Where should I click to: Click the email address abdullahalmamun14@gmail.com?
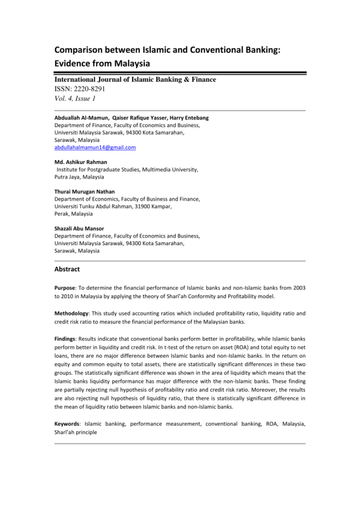[95, 148]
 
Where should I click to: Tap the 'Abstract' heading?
[67, 269]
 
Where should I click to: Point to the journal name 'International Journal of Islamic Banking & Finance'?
[135, 79]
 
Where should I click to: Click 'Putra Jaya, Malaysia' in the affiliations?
[79, 177]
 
